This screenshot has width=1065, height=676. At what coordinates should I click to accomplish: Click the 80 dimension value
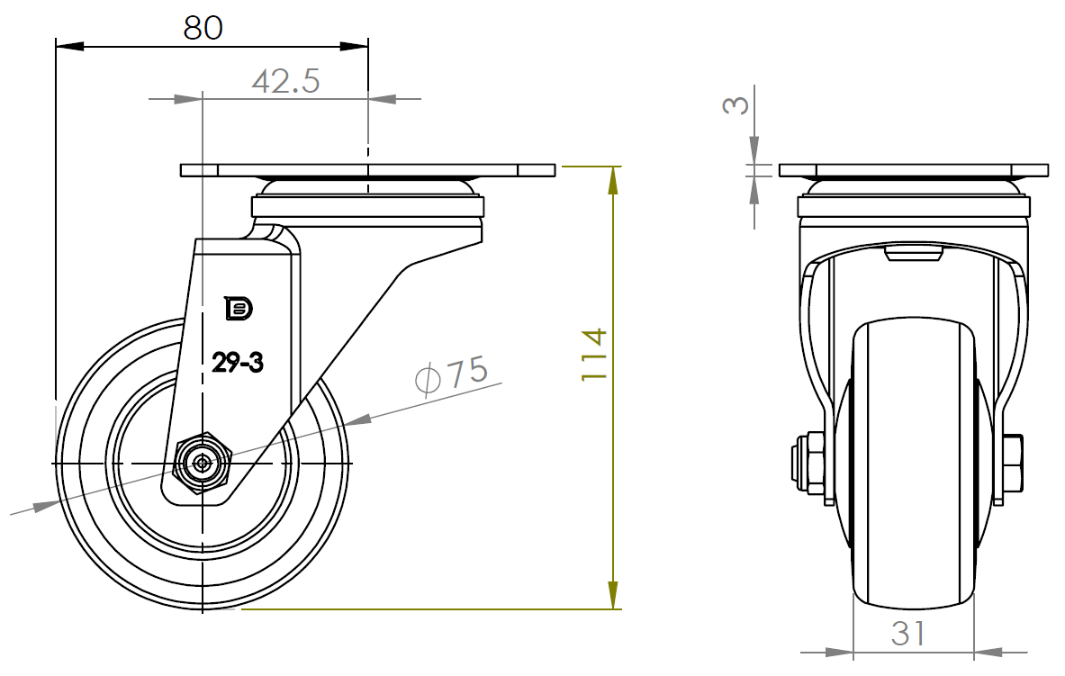coord(203,27)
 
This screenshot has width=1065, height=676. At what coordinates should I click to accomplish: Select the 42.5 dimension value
coord(285,82)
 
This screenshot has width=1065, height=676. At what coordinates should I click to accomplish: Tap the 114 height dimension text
coord(595,355)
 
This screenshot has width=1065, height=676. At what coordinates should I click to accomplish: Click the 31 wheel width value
coord(908,634)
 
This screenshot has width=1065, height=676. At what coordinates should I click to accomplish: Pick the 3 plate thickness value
coord(736,104)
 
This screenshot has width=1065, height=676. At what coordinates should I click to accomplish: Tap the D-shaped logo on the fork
coord(239,308)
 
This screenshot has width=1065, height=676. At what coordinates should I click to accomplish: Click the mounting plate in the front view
coord(913,170)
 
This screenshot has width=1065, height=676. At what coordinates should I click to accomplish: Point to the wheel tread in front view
coord(913,468)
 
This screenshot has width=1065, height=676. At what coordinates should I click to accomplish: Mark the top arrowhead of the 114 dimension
coord(613,181)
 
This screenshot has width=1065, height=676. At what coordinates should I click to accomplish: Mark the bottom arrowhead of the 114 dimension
coord(613,595)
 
